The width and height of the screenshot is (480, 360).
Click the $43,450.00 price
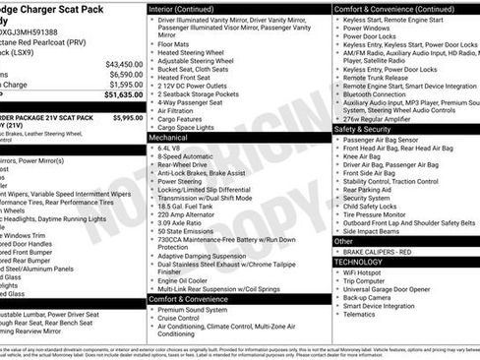pos(123,63)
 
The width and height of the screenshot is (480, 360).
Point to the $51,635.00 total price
pos(123,95)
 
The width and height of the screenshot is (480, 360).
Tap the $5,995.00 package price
pos(127,117)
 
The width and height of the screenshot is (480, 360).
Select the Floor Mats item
pos(174,43)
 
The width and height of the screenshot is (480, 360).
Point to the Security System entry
pos(370,199)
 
